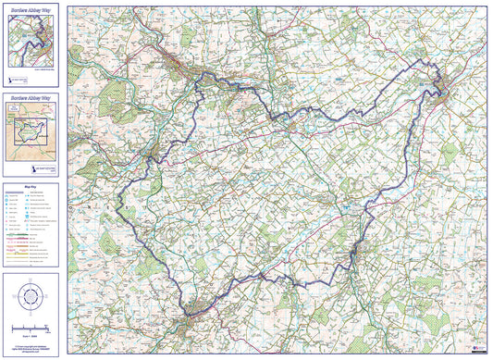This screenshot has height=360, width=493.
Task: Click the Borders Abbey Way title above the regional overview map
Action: point(32,96)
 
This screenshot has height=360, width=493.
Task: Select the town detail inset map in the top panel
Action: point(32,41)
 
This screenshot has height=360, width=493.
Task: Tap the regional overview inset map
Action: point(32,130)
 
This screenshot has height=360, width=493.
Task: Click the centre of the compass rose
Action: point(32,296)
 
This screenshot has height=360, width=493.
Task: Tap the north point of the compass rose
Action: point(32,279)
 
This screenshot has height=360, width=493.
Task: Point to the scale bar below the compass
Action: point(32,329)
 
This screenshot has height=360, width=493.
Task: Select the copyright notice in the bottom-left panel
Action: point(32,347)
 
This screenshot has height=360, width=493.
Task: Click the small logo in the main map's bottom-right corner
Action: point(479,349)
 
